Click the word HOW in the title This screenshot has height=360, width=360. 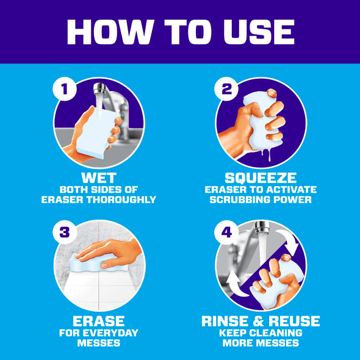pyautogui.click(x=110, y=32)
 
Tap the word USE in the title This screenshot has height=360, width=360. pyautogui.click(x=259, y=32)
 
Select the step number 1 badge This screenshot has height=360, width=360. pyautogui.click(x=65, y=89)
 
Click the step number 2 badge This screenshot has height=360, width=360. pyautogui.click(x=226, y=89)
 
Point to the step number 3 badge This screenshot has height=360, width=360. pyautogui.click(x=65, y=232)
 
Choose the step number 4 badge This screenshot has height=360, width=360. pyautogui.click(x=226, y=232)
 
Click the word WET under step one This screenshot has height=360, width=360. pyautogui.click(x=99, y=178)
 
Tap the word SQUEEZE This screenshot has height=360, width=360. pyautogui.click(x=261, y=178)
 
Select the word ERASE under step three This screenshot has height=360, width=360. pyautogui.click(x=99, y=321)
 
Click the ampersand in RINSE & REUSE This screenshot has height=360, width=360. pyautogui.click(x=259, y=321)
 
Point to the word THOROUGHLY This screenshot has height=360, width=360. pyautogui.click(x=121, y=200)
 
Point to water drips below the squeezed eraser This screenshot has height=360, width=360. pyautogui.click(x=266, y=154)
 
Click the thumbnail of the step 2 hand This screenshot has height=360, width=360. pyautogui.click(x=272, y=93)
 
